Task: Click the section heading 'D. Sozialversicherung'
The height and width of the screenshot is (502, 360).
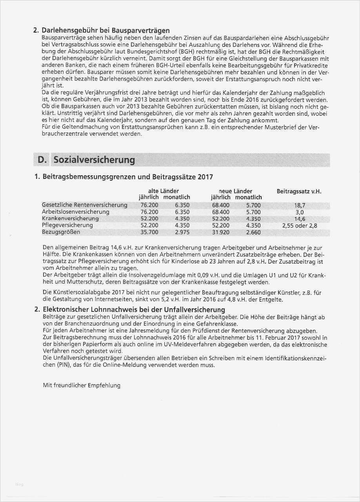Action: coord(86,160)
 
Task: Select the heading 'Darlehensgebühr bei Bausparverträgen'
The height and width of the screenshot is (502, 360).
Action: coord(106,31)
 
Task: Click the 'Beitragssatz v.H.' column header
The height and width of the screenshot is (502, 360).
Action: coord(299,191)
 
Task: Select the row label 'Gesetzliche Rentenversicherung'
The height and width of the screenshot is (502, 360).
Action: coord(84,205)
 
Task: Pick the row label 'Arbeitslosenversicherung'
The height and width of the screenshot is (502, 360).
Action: coord(75,212)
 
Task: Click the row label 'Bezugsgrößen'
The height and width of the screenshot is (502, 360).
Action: coord(61,232)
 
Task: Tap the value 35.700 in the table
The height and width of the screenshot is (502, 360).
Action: coord(149,232)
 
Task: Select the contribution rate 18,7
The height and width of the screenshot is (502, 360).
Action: coord(299,205)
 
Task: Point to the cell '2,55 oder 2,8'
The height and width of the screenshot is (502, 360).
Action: coord(299,226)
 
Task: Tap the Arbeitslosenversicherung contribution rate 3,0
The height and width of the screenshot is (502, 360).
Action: coord(299,212)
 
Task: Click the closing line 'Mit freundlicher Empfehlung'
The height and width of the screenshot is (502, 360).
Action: coord(82,385)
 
